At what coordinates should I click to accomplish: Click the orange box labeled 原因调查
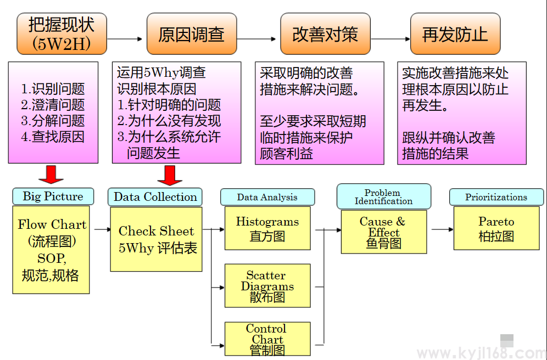point(191,35)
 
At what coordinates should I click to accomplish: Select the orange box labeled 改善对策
point(325,35)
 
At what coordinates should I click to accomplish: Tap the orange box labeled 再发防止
point(455,35)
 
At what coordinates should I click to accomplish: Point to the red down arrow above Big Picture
point(51,174)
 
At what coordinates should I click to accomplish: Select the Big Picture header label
point(53,196)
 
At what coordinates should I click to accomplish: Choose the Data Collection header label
point(155,197)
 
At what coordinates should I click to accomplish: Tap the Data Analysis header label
point(267,197)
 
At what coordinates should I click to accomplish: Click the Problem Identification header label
point(383,197)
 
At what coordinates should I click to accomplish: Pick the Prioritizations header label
point(496,197)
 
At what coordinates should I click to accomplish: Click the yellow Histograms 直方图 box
point(267,228)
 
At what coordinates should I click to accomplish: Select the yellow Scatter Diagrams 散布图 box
point(267,286)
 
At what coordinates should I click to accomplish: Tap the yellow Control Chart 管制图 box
point(267,339)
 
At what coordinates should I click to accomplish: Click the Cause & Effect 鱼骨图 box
point(383,232)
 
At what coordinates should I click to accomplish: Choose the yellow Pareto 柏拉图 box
point(496,228)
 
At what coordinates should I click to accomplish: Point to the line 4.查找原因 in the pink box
point(53,137)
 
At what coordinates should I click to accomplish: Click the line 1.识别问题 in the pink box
point(53,89)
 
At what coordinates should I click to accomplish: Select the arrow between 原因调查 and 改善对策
point(256,39)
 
